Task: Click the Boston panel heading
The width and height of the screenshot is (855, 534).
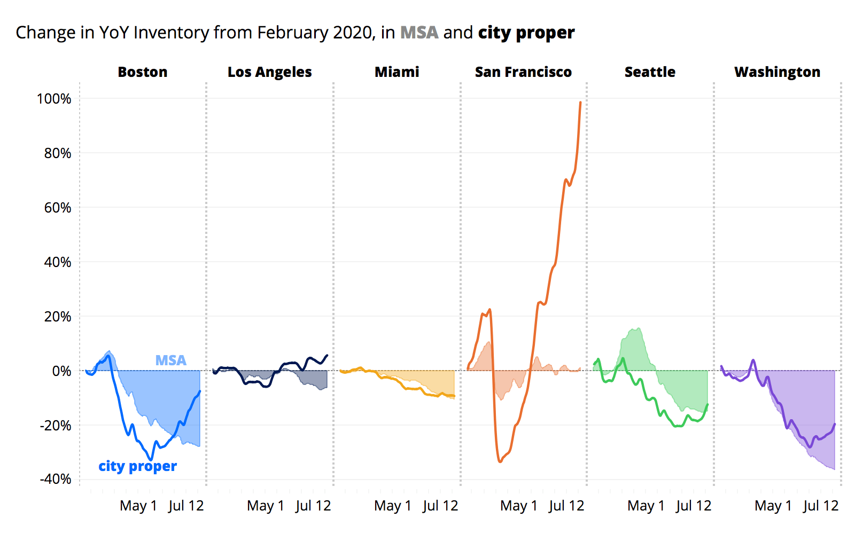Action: (143, 72)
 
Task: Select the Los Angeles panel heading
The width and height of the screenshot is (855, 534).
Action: (269, 72)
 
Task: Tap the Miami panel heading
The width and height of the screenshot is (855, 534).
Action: (397, 72)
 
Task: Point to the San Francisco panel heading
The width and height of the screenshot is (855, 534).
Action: (523, 72)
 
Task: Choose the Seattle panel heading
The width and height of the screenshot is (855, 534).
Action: (650, 72)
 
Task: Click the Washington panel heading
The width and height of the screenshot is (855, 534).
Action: (777, 72)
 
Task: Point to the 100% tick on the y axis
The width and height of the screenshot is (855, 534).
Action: (54, 99)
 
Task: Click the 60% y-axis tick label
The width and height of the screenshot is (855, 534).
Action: (57, 208)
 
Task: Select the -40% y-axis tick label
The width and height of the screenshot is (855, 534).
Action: (56, 479)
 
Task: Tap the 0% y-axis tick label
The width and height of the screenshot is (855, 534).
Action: (61, 371)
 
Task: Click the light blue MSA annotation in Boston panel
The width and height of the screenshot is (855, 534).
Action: (170, 360)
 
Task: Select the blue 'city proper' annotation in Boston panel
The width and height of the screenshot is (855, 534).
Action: (137, 466)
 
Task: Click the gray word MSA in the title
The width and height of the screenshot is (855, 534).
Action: (419, 33)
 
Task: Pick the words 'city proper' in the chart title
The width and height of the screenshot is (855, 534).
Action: (526, 33)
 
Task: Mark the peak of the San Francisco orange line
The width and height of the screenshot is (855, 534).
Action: (580, 103)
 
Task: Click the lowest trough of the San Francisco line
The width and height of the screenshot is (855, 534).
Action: (500, 461)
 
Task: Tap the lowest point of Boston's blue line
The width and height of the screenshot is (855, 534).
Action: (151, 459)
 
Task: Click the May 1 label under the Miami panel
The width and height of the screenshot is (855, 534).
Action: (393, 506)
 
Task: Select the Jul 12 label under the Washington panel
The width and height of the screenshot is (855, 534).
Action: (820, 506)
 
